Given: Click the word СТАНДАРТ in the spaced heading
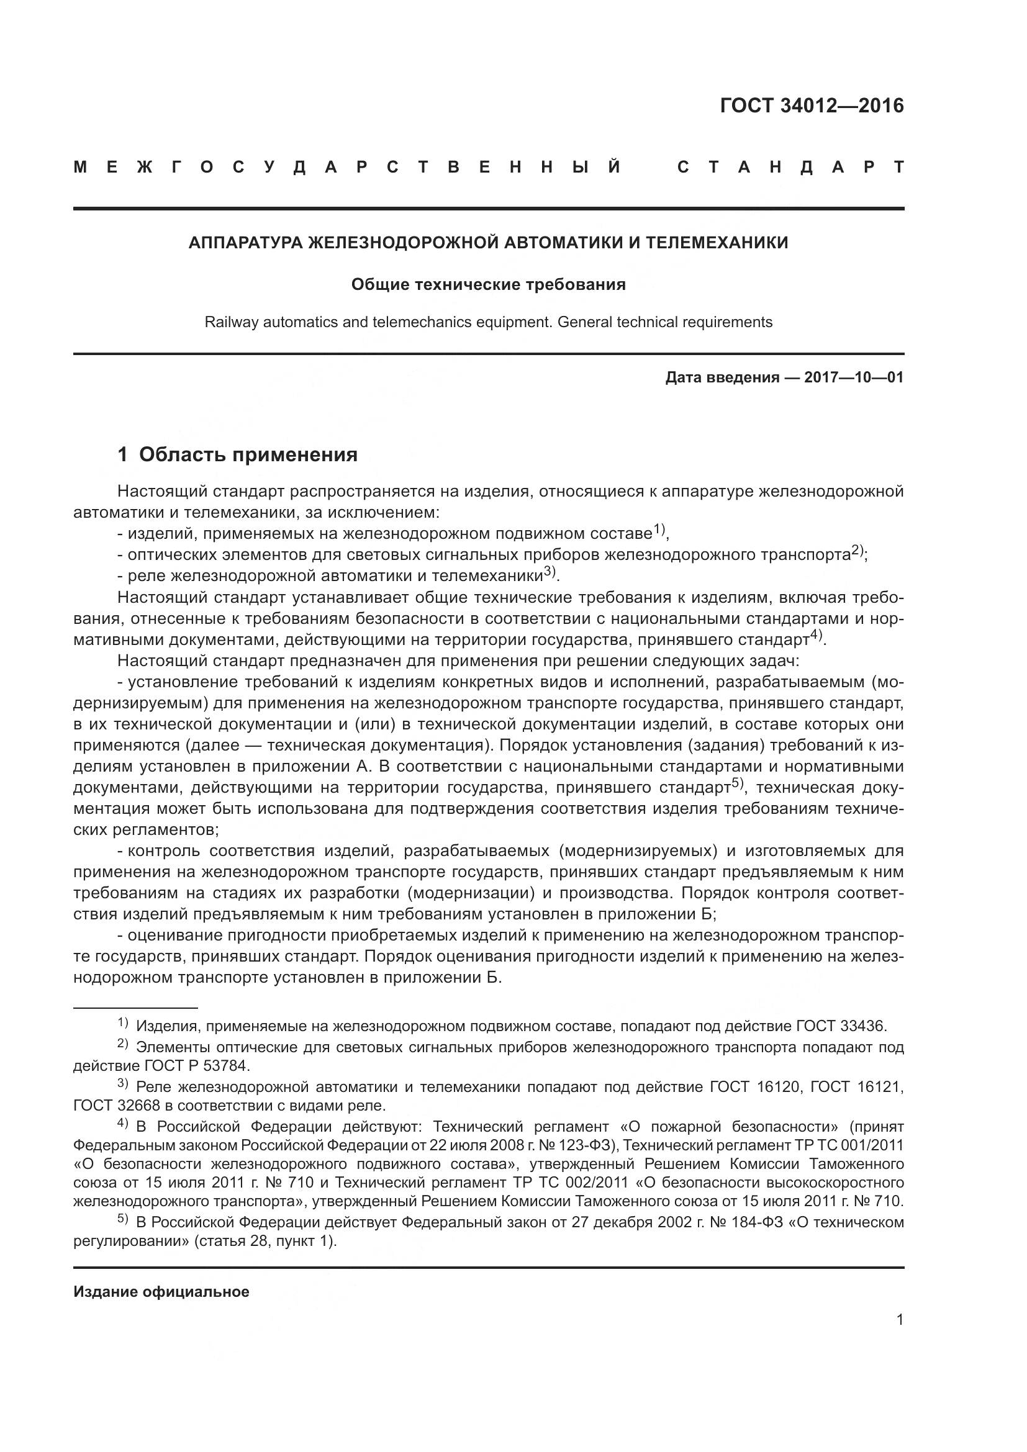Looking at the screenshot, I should tap(790, 168).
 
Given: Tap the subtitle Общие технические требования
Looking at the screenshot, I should tap(488, 284).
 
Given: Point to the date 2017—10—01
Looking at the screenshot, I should tap(854, 378).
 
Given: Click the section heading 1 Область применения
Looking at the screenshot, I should tap(238, 454).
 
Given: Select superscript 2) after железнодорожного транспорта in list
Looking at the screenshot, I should tap(857, 549).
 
